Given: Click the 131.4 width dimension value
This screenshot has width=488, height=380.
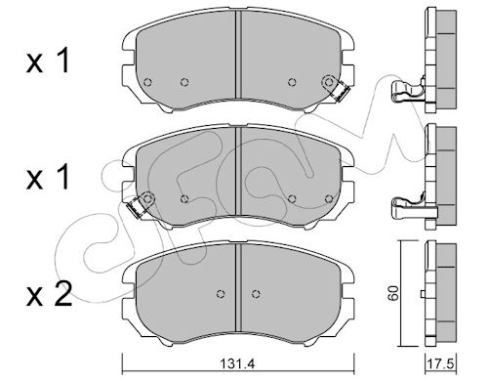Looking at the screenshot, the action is pyautogui.click(x=238, y=363).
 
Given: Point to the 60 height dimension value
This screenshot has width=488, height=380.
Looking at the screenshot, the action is pyautogui.click(x=393, y=293).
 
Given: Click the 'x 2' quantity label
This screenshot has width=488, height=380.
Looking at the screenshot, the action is pyautogui.click(x=49, y=294).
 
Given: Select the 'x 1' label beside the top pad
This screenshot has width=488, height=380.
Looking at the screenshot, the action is pyautogui.click(x=48, y=61).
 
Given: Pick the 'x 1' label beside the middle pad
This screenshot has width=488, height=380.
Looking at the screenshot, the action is pyautogui.click(x=48, y=177).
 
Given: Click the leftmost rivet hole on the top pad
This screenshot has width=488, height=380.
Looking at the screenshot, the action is pyautogui.click(x=147, y=82).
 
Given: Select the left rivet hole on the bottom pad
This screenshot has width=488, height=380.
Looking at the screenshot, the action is pyautogui.click(x=221, y=294).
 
